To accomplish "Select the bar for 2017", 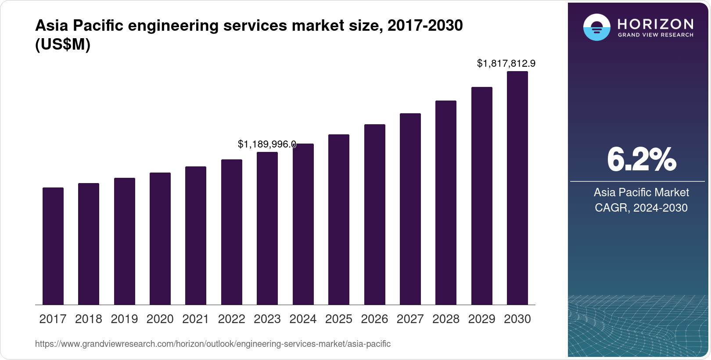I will click(53, 246).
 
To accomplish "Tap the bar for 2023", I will click(267, 228).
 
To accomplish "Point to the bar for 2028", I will click(446, 202).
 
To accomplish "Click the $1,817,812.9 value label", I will click(506, 64).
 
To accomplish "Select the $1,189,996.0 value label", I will click(267, 144).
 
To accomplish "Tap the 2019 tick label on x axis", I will click(124, 319).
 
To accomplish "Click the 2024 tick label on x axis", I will click(303, 319).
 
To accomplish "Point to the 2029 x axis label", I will click(481, 319).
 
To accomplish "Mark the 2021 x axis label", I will click(196, 319).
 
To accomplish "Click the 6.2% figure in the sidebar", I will click(641, 160).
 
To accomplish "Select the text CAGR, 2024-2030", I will click(641, 208).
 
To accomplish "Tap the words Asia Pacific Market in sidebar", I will click(641, 192).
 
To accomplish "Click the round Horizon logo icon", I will click(596, 27).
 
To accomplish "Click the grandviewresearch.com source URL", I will click(213, 344).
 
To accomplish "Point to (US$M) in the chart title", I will click(62, 45).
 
